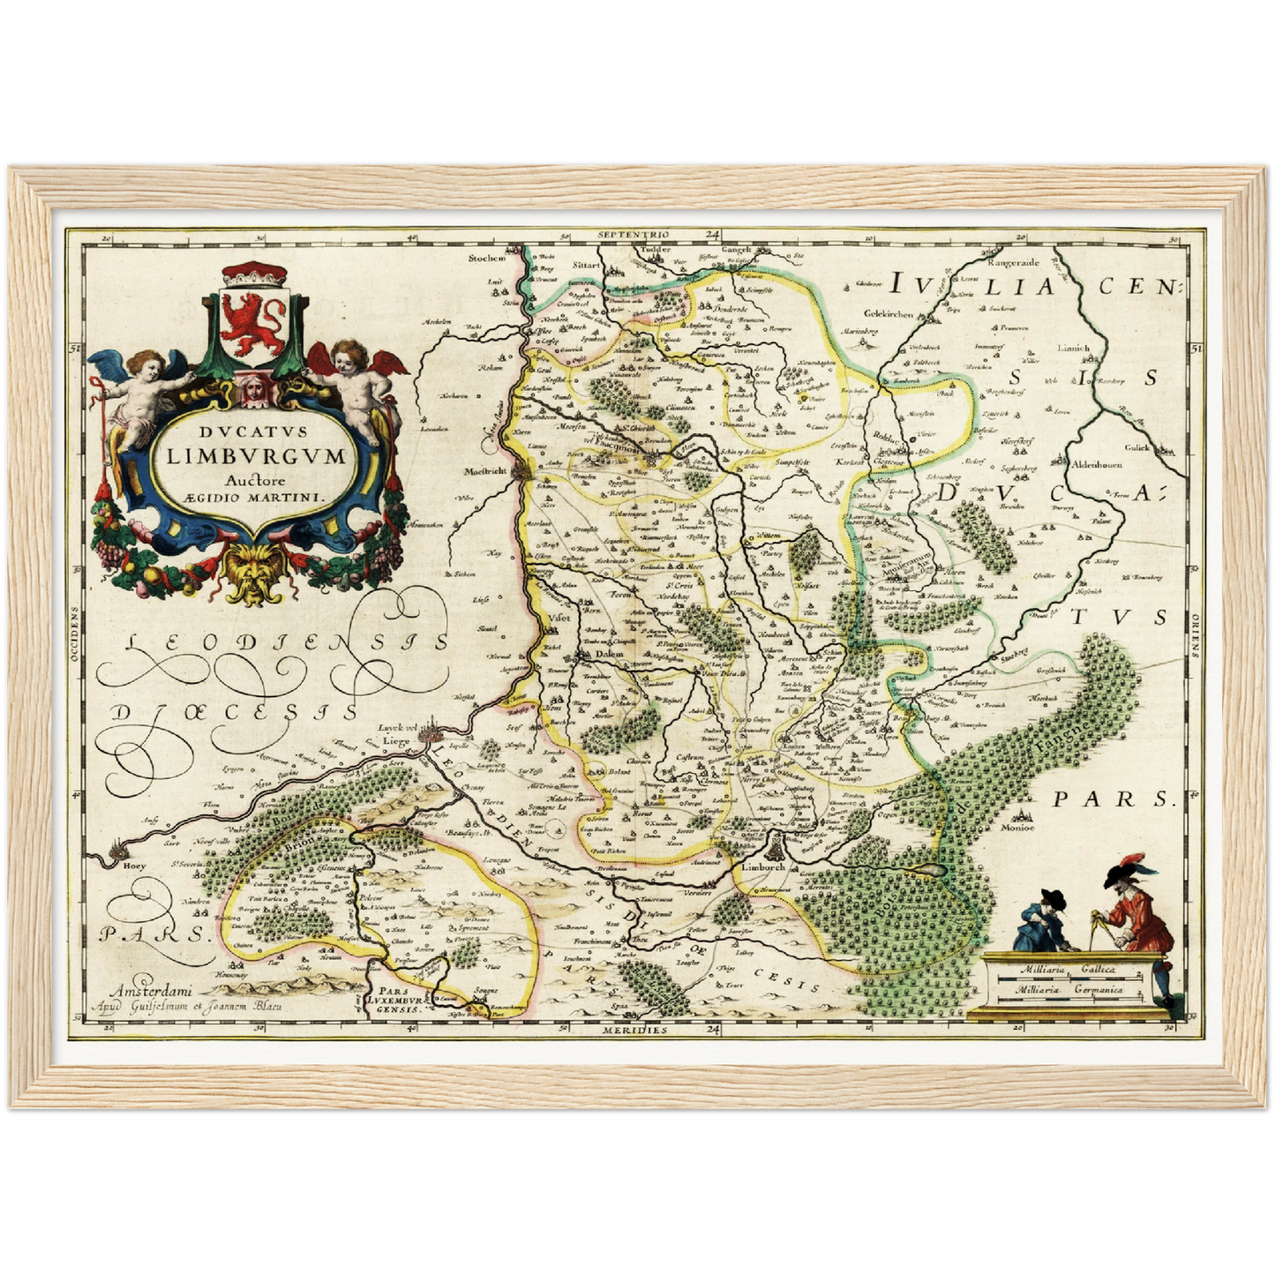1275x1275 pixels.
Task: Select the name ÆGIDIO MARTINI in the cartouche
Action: point(254,497)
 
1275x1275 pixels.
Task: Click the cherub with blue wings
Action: point(141,388)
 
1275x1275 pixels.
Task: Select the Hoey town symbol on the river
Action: point(118,853)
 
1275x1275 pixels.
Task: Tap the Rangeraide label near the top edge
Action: point(1011,262)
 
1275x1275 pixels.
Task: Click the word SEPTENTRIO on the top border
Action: point(634,235)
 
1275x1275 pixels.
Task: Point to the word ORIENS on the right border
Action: point(1196,637)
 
